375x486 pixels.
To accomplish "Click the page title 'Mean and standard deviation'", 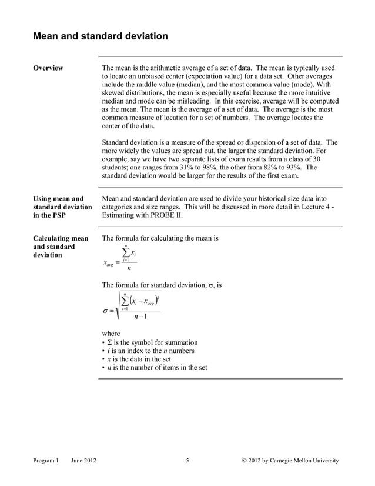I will (x=100, y=36).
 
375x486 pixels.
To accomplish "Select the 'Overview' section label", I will (x=48, y=69).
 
